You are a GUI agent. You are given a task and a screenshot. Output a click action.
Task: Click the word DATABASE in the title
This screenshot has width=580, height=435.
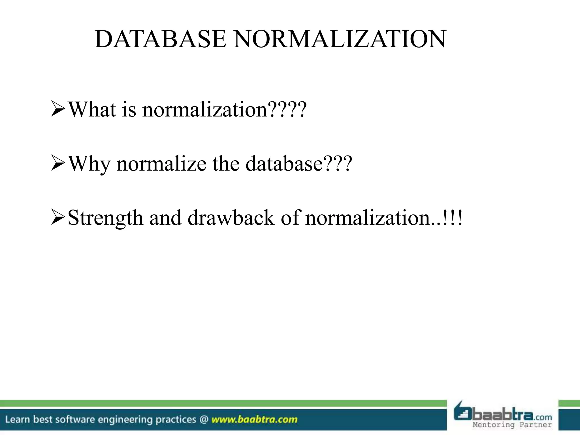coord(161,39)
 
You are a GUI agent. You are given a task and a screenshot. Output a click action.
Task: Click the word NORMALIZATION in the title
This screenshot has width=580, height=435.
coord(340,39)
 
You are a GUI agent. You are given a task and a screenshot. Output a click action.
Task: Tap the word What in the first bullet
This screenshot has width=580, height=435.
coord(92,109)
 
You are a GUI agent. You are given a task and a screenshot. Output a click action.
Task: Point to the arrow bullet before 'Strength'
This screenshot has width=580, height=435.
coord(58,218)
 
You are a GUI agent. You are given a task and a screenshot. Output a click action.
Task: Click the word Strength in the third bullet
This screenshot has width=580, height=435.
coord(105,218)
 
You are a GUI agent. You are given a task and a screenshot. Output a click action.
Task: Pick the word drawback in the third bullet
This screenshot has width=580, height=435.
coord(231,218)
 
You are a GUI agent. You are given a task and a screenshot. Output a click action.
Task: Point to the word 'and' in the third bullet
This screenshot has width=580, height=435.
coord(165,218)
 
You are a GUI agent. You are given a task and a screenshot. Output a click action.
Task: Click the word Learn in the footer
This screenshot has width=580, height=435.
coord(18,419)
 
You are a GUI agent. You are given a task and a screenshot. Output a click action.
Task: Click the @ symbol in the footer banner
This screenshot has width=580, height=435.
coord(204,419)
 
